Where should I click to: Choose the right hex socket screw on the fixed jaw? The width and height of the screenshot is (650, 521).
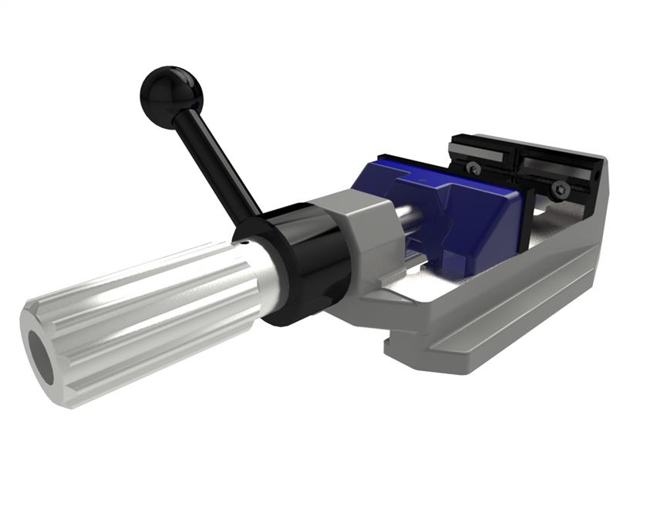562,188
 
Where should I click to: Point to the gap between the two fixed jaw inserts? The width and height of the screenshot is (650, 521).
516,163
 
